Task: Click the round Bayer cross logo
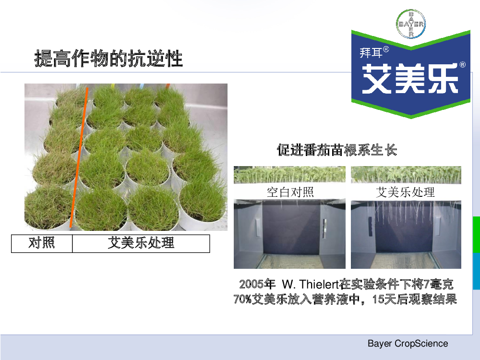pos(411,24)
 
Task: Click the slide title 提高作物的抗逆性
pos(108,58)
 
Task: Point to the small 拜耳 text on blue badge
pos(371,53)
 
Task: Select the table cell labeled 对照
pos(42,244)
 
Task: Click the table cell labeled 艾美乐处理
pos(141,244)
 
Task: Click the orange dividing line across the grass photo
pos(79,157)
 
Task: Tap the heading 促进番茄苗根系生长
pos(337,150)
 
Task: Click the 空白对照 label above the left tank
pos(290,192)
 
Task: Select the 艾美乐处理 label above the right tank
pos(405,192)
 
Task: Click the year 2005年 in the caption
pos(257,284)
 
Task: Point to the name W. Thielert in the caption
pos(310,284)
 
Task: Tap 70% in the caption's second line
pos(242,299)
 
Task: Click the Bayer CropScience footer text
pos(408,344)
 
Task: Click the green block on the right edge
pos(476,235)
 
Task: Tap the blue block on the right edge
pos(476,271)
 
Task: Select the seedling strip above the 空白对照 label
pos(289,175)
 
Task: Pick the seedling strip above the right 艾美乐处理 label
pos(406,175)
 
